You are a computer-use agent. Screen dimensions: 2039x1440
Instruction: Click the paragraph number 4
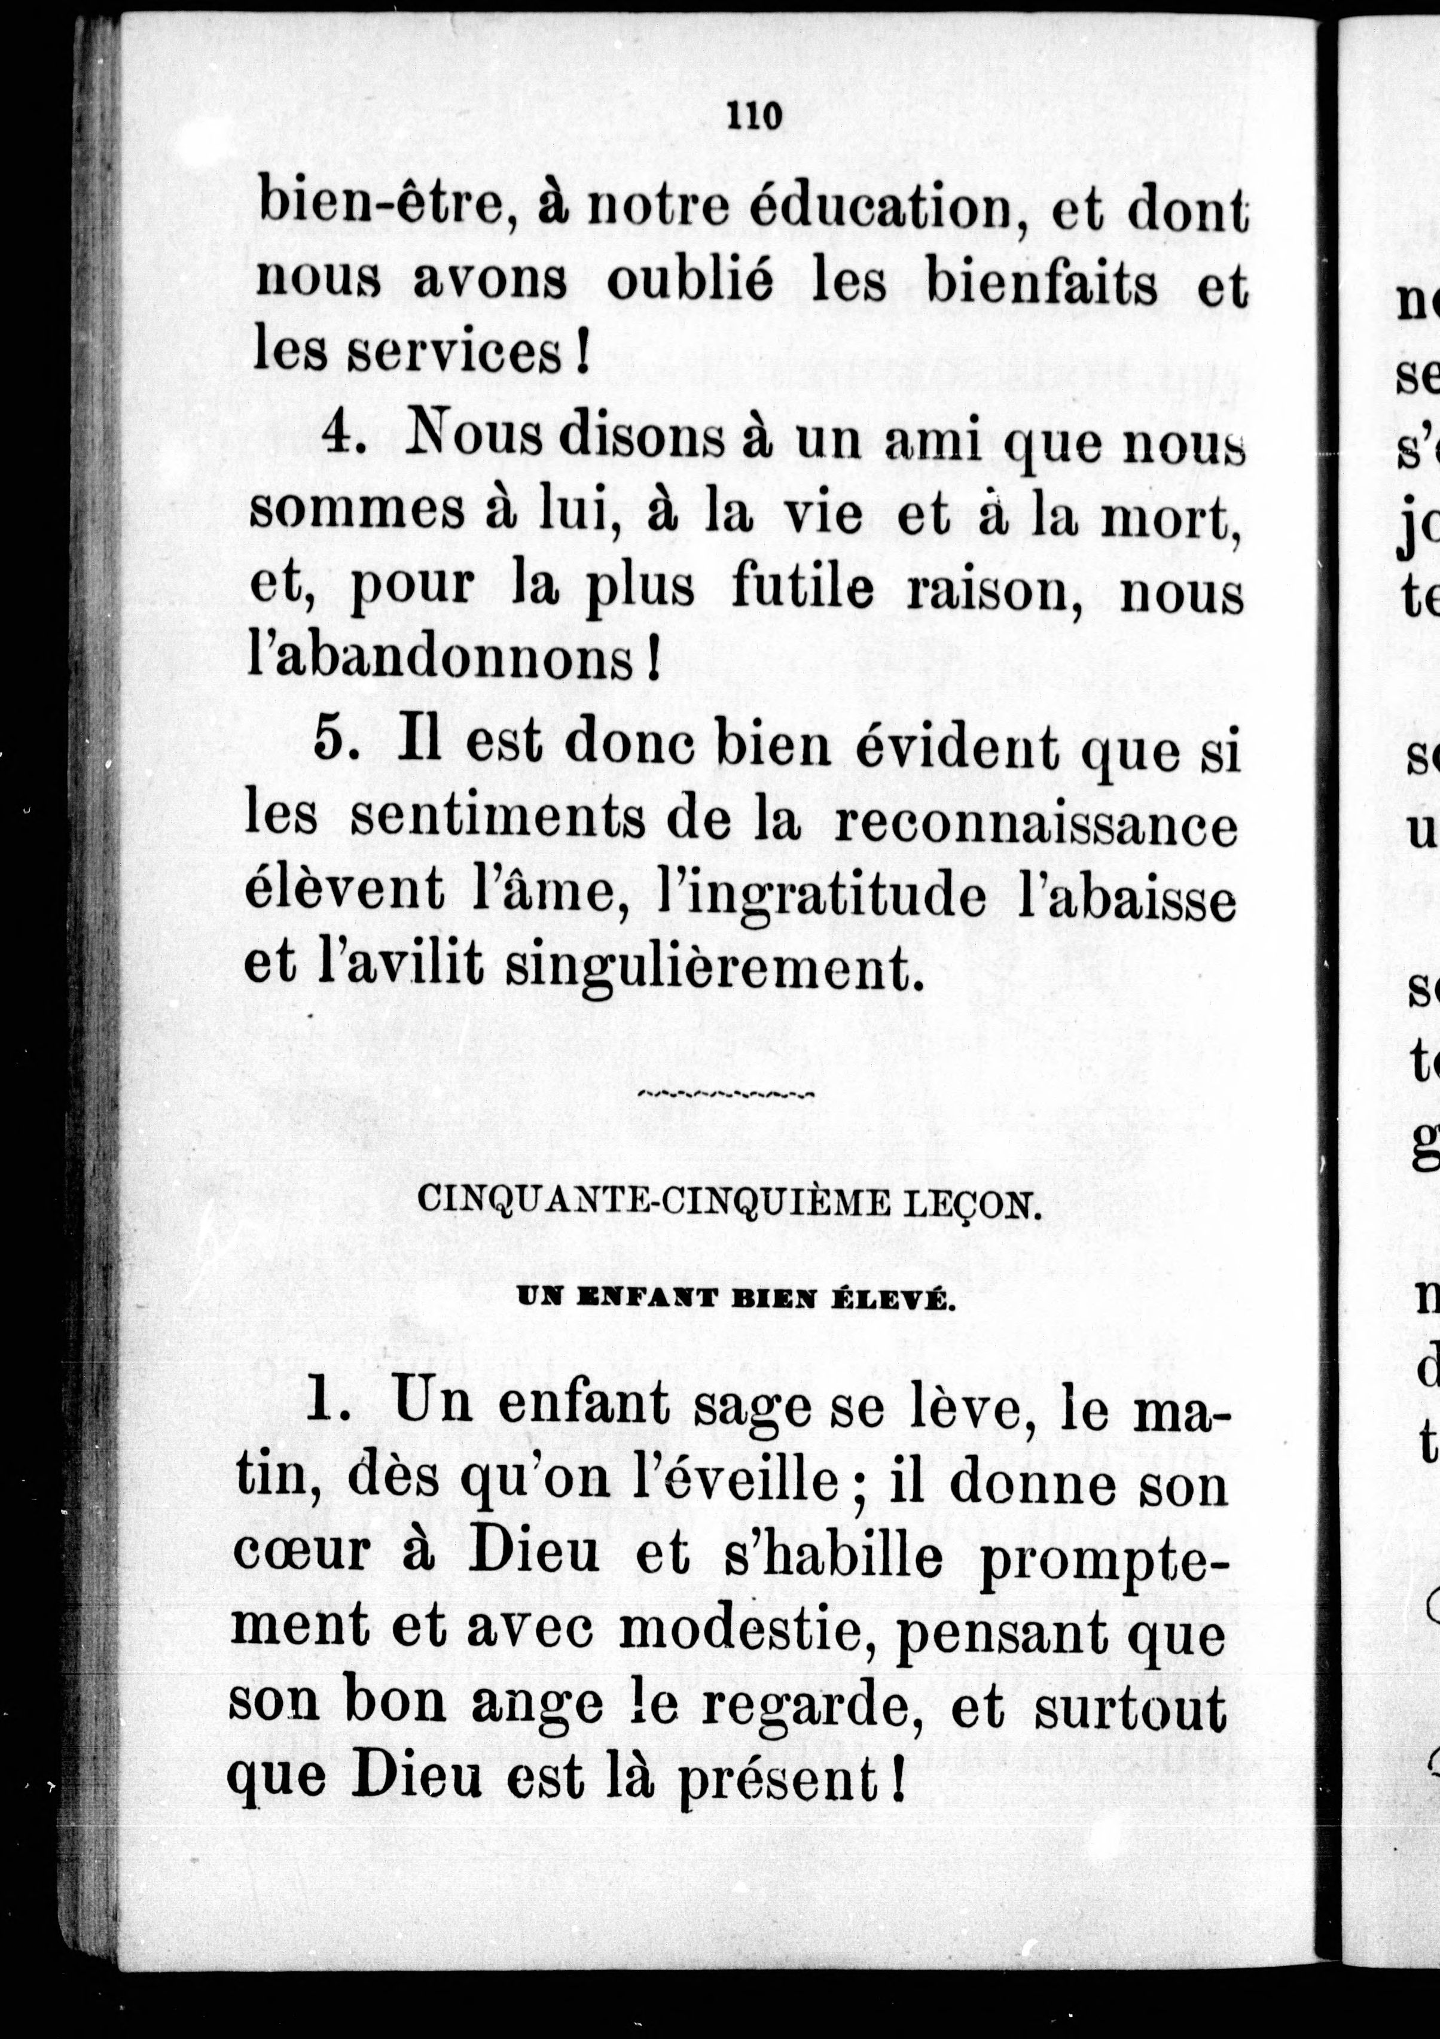tap(338, 435)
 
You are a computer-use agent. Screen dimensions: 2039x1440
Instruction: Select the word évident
tap(957, 746)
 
